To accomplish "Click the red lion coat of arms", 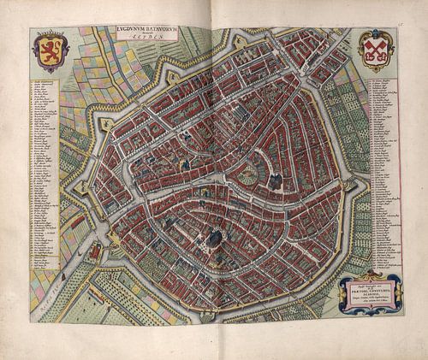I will click(50, 52).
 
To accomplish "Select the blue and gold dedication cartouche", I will click(369, 290).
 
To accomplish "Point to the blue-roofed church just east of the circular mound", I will click(276, 180).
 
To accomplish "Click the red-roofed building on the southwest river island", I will click(93, 251).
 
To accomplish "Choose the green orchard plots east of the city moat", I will click(360, 214).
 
